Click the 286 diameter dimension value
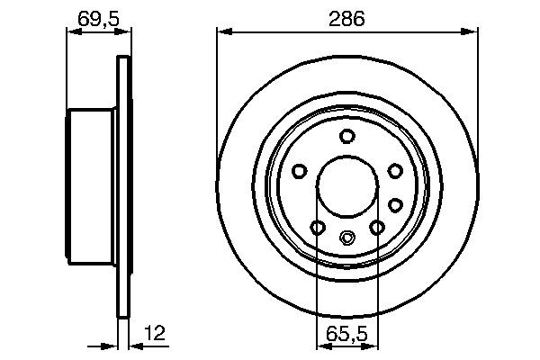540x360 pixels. pyautogui.click(x=346, y=18)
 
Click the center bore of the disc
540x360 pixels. pyautogui.click(x=346, y=184)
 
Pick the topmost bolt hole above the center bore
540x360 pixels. pyautogui.click(x=346, y=136)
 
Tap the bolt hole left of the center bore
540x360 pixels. pyautogui.click(x=299, y=170)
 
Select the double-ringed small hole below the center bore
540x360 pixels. pyautogui.click(x=346, y=238)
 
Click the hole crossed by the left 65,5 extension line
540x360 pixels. pyautogui.click(x=316, y=227)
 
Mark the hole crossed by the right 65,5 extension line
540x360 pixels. pyautogui.click(x=377, y=227)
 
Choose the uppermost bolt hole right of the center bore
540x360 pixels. pyautogui.click(x=394, y=170)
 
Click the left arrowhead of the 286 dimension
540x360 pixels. pyautogui.click(x=222, y=32)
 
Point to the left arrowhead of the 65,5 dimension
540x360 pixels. pyautogui.click(x=321, y=345)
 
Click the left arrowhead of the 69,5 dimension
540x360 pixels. pyautogui.click(x=73, y=32)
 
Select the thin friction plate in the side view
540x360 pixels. pyautogui.click(x=121, y=184)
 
